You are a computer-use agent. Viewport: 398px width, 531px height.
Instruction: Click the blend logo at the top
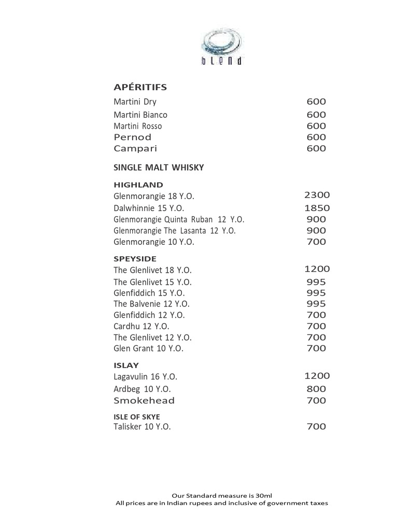pos(222,48)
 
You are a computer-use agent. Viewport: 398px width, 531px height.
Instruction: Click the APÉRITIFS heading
pos(140,87)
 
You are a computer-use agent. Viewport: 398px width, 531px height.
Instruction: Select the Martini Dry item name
pos(135,102)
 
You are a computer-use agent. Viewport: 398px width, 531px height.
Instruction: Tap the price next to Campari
pos(316,148)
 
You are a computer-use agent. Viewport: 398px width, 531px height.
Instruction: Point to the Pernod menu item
pos(133,137)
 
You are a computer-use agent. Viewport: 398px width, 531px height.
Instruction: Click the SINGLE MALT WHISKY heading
pos(159,167)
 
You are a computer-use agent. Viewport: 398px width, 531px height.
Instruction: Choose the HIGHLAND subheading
pos(138,185)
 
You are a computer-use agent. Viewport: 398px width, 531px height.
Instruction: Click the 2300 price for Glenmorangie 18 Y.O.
pos(317,195)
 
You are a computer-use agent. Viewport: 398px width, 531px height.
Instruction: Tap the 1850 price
pos(317,208)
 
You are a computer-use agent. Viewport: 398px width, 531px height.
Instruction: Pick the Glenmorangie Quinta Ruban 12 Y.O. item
pos(179,219)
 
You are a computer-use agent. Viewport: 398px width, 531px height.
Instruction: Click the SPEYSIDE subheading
pos(135,258)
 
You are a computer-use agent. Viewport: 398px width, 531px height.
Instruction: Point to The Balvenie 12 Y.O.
pos(151,304)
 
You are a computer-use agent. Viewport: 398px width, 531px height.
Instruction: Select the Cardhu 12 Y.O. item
pos(141,326)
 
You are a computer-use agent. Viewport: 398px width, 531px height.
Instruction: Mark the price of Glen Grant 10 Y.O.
pos(316,348)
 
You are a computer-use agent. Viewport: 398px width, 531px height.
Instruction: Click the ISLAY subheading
pos(126,365)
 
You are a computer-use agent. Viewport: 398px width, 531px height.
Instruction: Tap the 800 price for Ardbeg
pos(316,389)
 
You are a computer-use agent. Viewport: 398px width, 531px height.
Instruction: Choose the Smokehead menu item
pos(144,400)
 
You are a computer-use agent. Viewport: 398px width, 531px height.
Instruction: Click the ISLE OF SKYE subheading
pos(137,417)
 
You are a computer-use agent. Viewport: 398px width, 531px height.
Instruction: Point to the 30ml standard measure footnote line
pos(221,495)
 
